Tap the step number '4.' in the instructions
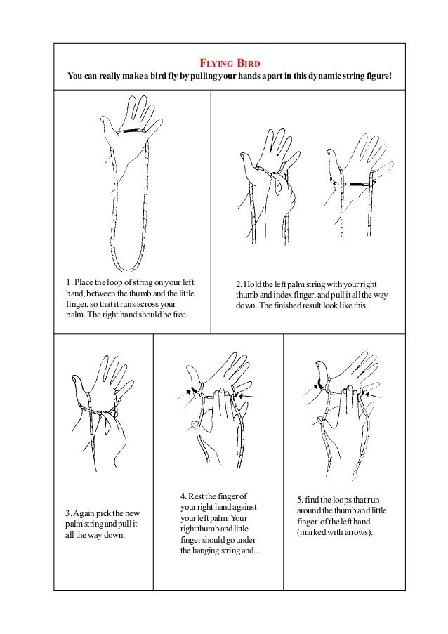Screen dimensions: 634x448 [184, 497]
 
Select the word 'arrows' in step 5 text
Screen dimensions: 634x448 [357, 531]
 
